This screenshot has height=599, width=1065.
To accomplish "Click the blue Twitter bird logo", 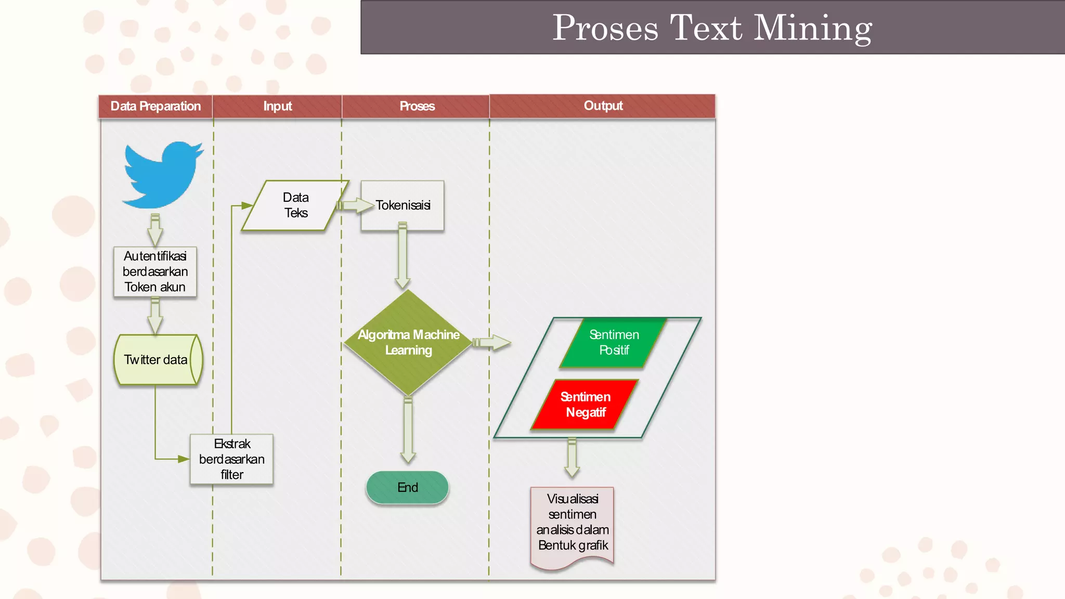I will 162,175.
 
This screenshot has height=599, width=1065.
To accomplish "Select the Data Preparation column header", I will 155,106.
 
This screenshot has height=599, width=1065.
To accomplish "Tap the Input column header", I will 277,106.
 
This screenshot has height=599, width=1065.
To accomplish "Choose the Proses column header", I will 417,106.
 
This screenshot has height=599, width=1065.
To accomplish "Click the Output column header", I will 603,106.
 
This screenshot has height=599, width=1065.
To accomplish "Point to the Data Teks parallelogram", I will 295,205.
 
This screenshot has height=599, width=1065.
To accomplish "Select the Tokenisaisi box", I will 402,205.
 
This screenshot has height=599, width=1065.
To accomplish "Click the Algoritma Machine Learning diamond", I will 408,342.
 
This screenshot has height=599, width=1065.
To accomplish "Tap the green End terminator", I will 407,487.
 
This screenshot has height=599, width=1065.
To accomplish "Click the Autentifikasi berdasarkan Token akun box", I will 155,271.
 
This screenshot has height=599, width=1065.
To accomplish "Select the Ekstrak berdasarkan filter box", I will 232,459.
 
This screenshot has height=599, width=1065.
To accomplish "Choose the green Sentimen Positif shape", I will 614,343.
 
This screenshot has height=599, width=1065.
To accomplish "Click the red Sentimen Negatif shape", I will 585,405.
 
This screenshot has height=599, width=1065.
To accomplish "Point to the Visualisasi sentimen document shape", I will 572,525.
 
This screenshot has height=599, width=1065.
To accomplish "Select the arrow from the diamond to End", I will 408,429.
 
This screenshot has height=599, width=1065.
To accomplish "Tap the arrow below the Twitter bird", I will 155,229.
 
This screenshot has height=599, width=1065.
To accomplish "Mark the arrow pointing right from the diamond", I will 491,343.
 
